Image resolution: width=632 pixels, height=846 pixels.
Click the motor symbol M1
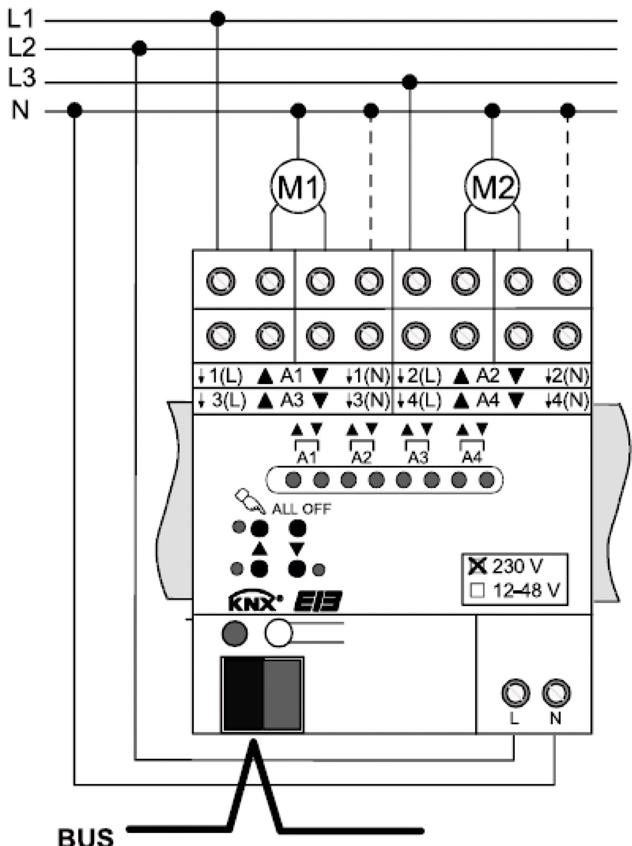click(298, 188)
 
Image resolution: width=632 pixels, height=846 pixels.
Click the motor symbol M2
click(492, 188)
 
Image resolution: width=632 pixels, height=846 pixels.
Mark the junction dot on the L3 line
click(410, 82)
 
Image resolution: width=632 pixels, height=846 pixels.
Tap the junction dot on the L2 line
click(139, 49)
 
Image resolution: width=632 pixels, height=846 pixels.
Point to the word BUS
click(86, 837)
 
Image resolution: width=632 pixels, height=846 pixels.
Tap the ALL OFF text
click(301, 508)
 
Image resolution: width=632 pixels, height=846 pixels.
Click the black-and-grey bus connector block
click(262, 694)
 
